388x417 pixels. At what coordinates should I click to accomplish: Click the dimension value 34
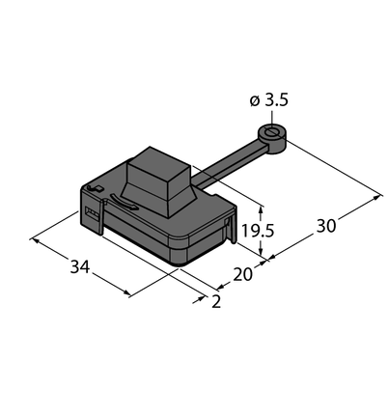[x=80, y=266]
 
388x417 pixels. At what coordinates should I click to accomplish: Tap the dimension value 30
[x=326, y=226]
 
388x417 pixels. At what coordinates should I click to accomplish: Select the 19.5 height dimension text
[x=258, y=231]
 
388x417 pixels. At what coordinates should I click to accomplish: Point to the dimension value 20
[x=242, y=274]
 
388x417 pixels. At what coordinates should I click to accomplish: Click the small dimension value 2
[x=216, y=302]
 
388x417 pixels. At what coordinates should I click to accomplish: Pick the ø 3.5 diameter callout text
[x=269, y=100]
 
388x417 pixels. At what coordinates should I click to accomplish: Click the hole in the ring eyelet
[x=272, y=132]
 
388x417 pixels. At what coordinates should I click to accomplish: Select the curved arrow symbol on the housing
[x=124, y=202]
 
